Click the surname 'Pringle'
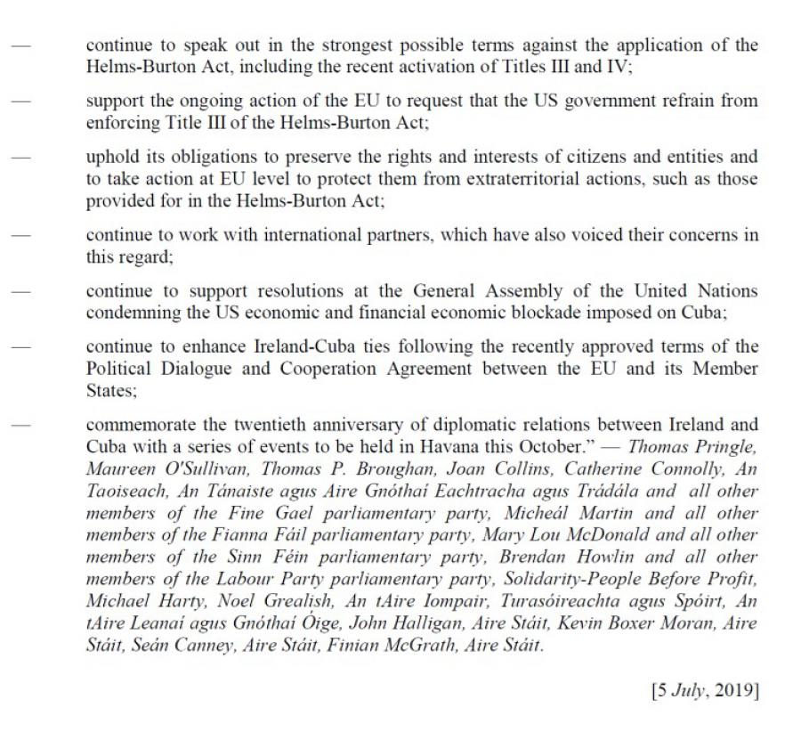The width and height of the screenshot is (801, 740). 724,444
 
